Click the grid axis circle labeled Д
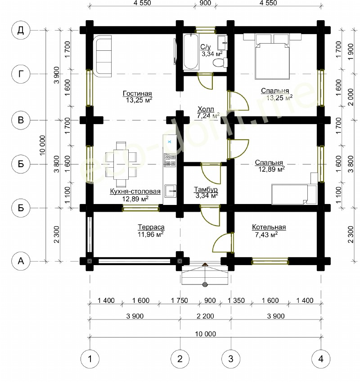pos(21,30)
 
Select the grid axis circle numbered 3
pos(231,359)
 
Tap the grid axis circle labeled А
pos(21,261)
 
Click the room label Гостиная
pos(137,93)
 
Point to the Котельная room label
pos(269,227)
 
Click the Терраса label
pos(151,227)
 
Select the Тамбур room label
pos(206,189)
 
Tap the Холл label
pos(206,109)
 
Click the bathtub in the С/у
pos(191,52)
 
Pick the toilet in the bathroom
pos(220,62)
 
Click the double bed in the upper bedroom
pos(272,57)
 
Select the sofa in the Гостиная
pos(103,56)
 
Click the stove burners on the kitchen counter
pos(170,160)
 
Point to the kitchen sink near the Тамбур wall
pos(170,191)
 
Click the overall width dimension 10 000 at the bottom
pos(205,333)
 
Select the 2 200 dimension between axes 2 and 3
pos(205,316)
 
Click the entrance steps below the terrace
pos(205,275)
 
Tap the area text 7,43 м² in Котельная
pos(266,235)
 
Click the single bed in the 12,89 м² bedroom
pos(294,194)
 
